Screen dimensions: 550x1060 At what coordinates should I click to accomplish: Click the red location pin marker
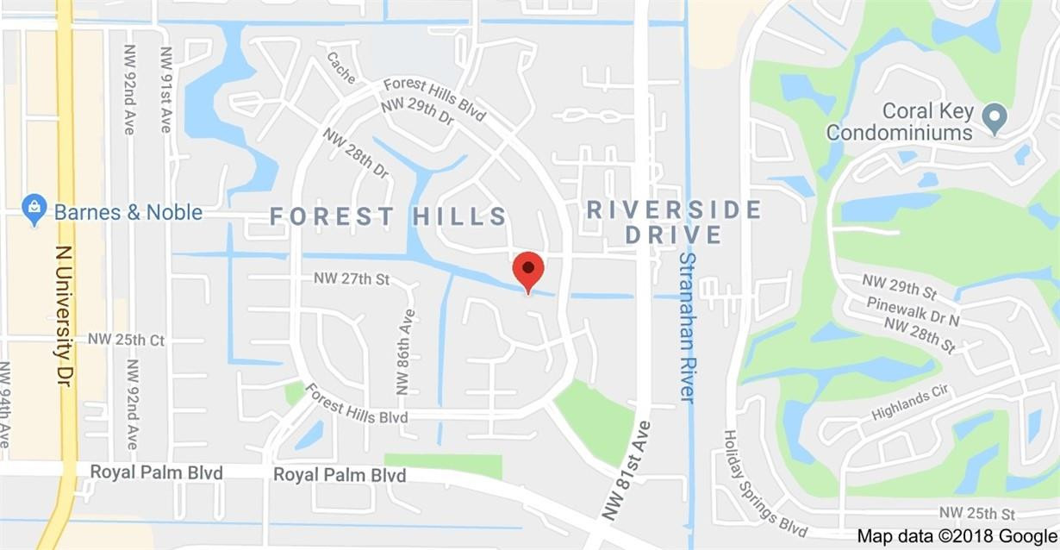point(527,270)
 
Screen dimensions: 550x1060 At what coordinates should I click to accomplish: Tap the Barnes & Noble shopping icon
point(34,210)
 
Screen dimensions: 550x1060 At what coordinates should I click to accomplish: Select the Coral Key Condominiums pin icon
point(995,119)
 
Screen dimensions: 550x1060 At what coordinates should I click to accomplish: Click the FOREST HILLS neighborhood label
point(389,216)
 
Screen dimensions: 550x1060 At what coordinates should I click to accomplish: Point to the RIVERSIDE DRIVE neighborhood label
point(673,222)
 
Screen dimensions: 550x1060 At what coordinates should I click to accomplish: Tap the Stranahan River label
point(687,327)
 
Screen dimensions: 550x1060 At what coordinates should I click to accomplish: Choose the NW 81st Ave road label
point(626,470)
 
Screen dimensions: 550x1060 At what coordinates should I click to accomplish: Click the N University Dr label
point(63,316)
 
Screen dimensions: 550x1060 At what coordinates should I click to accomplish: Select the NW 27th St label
point(352,278)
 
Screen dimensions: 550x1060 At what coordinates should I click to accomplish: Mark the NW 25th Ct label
point(126,340)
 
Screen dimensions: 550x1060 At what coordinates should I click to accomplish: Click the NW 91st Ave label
point(165,89)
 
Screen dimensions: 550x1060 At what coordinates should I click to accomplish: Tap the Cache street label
point(340,67)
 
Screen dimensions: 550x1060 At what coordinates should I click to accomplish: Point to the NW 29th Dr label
point(417,116)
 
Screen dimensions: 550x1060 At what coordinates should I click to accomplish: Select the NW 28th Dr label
point(356,153)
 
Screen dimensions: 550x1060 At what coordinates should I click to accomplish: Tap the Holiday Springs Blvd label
point(764,484)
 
